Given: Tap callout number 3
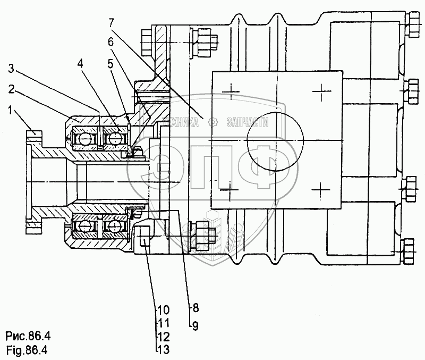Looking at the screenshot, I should (x=11, y=69).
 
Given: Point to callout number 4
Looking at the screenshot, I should (x=80, y=64).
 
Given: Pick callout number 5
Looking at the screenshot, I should (x=110, y=64).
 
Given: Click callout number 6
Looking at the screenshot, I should (x=110, y=41).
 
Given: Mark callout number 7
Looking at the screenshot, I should (x=110, y=23).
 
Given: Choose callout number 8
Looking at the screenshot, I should (x=195, y=308).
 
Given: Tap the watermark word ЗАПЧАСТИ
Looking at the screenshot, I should (x=248, y=122).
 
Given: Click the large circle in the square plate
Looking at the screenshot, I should (x=275, y=141).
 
